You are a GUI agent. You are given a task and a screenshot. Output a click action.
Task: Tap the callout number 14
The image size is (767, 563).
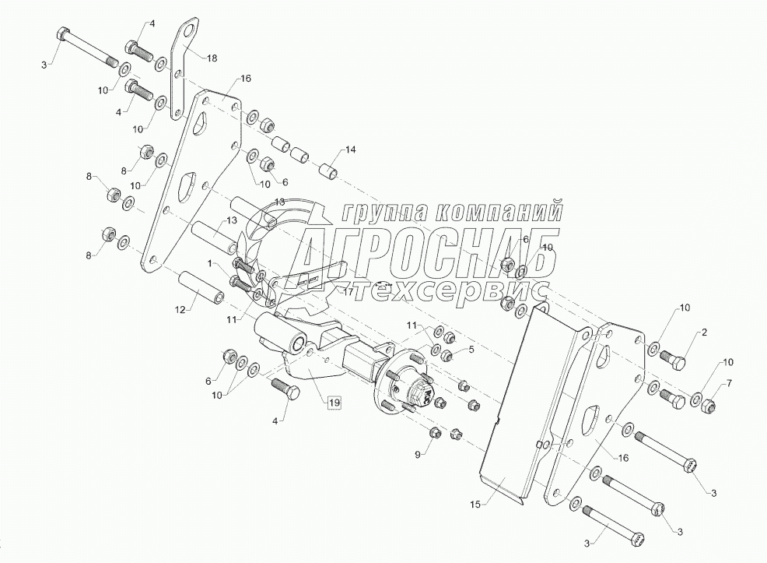point(350,149)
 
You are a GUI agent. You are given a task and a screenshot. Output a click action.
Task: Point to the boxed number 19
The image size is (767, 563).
point(334,403)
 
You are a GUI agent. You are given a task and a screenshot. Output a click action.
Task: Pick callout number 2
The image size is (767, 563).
point(704,333)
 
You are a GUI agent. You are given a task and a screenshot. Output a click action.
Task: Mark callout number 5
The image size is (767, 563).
point(471,350)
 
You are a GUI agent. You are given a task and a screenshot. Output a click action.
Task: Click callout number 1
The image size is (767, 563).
point(210,265)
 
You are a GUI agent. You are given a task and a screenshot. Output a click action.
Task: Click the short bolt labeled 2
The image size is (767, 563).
point(674,360)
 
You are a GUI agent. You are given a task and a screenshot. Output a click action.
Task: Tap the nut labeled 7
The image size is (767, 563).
point(709,405)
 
